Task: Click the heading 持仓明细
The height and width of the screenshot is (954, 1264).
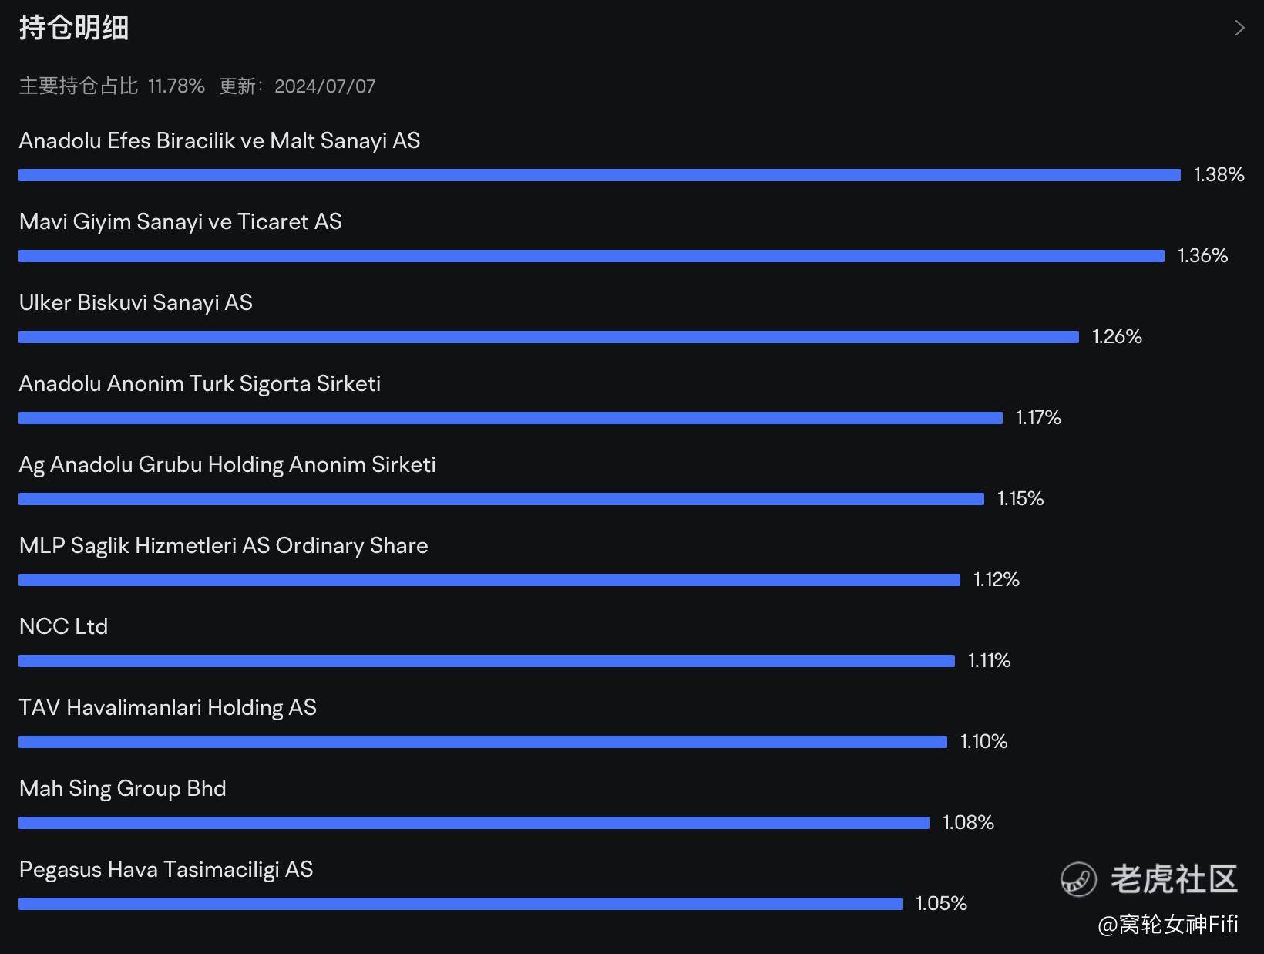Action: click(x=74, y=28)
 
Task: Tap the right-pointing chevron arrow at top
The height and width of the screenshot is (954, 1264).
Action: click(x=1240, y=28)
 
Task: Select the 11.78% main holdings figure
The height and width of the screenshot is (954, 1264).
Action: click(x=176, y=86)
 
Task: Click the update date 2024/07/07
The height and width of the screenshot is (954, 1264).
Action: click(x=324, y=86)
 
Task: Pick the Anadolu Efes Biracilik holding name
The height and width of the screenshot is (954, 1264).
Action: click(x=220, y=141)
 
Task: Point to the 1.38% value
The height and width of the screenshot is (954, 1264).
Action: click(x=1219, y=174)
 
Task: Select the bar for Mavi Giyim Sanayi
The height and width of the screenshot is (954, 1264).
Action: click(x=591, y=256)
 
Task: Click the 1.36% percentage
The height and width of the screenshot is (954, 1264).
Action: click(x=1203, y=256)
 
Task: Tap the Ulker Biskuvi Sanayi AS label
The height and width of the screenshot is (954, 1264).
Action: click(x=136, y=303)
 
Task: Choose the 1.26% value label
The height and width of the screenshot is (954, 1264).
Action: click(x=1117, y=336)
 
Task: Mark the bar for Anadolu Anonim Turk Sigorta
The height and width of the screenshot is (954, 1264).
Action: click(x=510, y=418)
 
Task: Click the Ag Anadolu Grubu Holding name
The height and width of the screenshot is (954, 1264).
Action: click(x=227, y=465)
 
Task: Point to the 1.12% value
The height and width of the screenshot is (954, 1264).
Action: click(x=997, y=579)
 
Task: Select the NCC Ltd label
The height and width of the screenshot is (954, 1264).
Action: click(x=63, y=627)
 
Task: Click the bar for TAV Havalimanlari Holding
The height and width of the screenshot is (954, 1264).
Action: click(x=482, y=741)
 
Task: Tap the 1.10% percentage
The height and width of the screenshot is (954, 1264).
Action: click(x=984, y=741)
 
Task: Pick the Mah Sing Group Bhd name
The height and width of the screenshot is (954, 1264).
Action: click(x=123, y=789)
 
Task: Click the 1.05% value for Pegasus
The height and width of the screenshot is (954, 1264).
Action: click(x=942, y=903)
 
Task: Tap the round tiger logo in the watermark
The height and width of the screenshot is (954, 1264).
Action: click(x=1078, y=879)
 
